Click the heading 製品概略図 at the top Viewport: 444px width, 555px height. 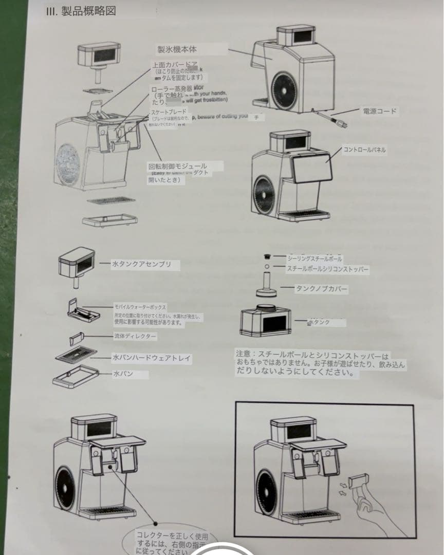[x=81, y=12]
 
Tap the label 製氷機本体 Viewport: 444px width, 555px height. [x=177, y=49]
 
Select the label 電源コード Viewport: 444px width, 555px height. [x=379, y=111]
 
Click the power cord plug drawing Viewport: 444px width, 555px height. [x=340, y=123]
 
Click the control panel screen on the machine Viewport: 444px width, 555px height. [x=311, y=168]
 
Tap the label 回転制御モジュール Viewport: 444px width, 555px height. [x=177, y=166]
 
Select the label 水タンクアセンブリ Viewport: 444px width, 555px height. [x=138, y=265]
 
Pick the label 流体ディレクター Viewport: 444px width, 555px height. [x=135, y=336]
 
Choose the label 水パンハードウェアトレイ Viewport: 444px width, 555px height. [x=152, y=357]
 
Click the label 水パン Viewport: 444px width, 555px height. [x=123, y=374]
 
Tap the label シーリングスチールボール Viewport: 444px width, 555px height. [x=314, y=258]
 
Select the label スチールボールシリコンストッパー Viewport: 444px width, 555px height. [x=327, y=269]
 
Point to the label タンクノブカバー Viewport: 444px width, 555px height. [x=321, y=289]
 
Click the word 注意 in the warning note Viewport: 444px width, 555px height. [x=243, y=355]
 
